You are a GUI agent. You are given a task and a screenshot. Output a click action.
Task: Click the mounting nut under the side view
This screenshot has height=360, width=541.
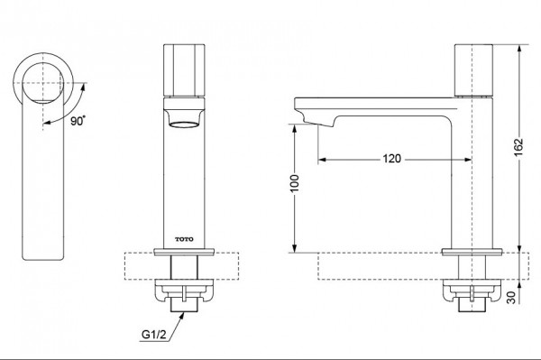pyautogui.click(x=470, y=293)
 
